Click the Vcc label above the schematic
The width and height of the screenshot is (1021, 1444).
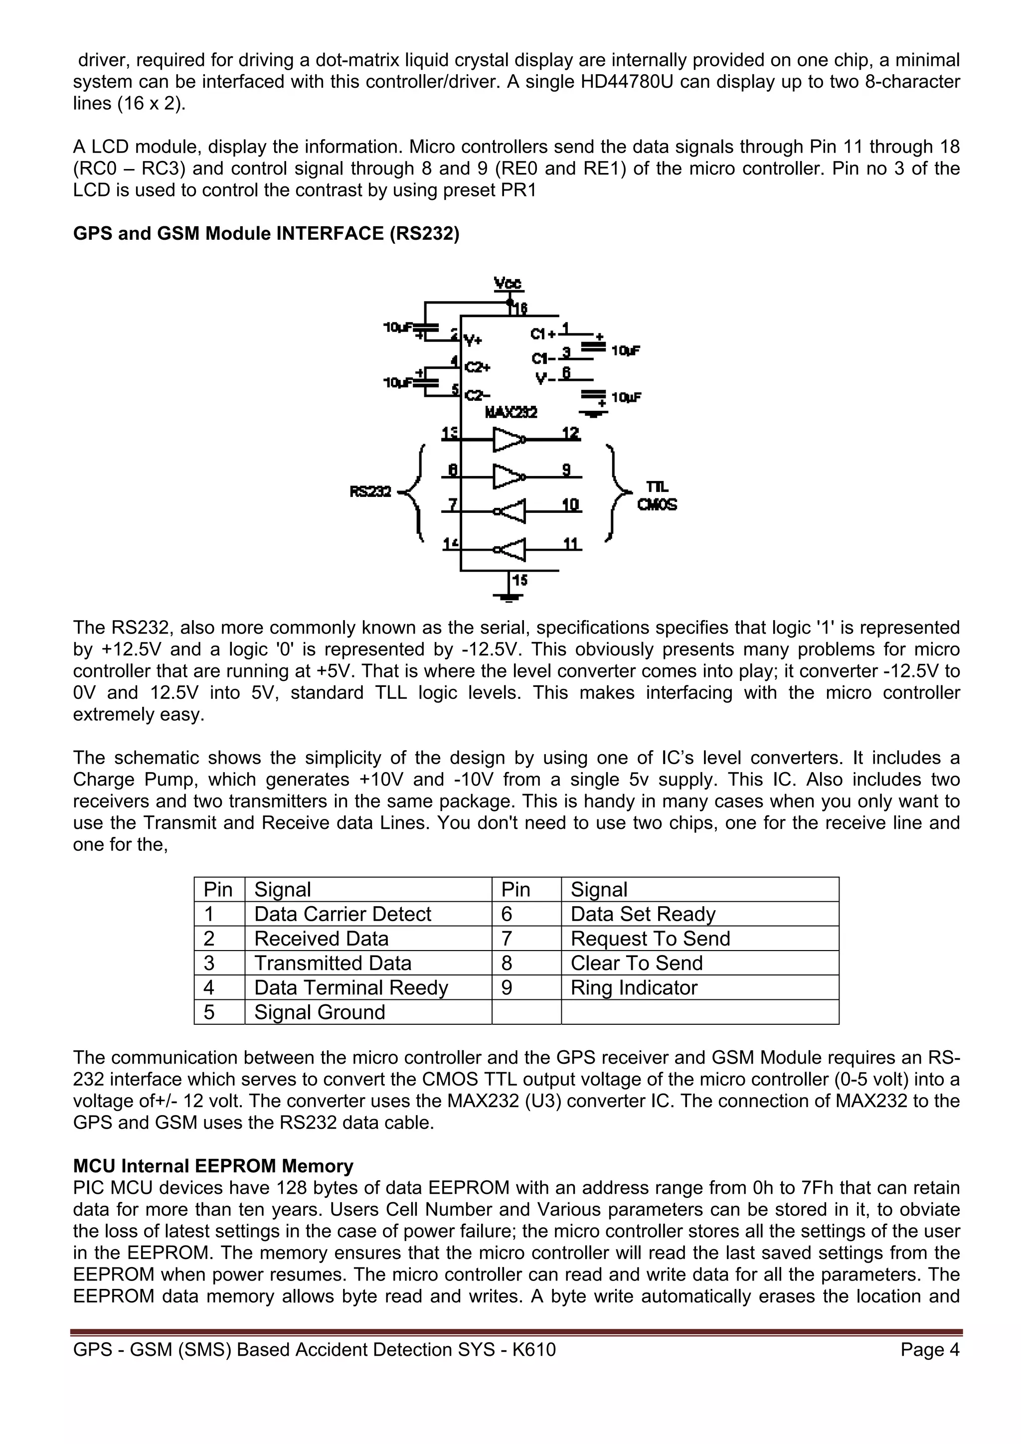[x=508, y=284]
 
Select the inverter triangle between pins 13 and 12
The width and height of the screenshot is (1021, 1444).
[x=508, y=440]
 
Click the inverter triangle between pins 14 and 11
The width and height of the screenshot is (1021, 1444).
[x=511, y=549]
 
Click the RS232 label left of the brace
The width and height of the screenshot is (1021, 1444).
[x=370, y=491]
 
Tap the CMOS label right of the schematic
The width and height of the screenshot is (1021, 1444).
[x=657, y=505]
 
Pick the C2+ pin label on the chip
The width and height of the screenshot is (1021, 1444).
[x=478, y=367]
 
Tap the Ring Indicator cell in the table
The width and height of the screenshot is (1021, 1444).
[x=634, y=987]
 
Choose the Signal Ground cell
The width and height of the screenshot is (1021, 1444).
[x=319, y=1012]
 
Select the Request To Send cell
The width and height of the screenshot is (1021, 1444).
[x=650, y=939]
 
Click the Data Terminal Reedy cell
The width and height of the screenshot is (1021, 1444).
[x=350, y=987]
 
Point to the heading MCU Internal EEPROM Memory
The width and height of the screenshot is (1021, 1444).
[x=213, y=1166]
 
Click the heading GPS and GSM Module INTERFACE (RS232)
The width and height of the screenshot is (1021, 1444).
[x=266, y=233]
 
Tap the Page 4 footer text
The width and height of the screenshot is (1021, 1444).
[x=930, y=1350]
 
